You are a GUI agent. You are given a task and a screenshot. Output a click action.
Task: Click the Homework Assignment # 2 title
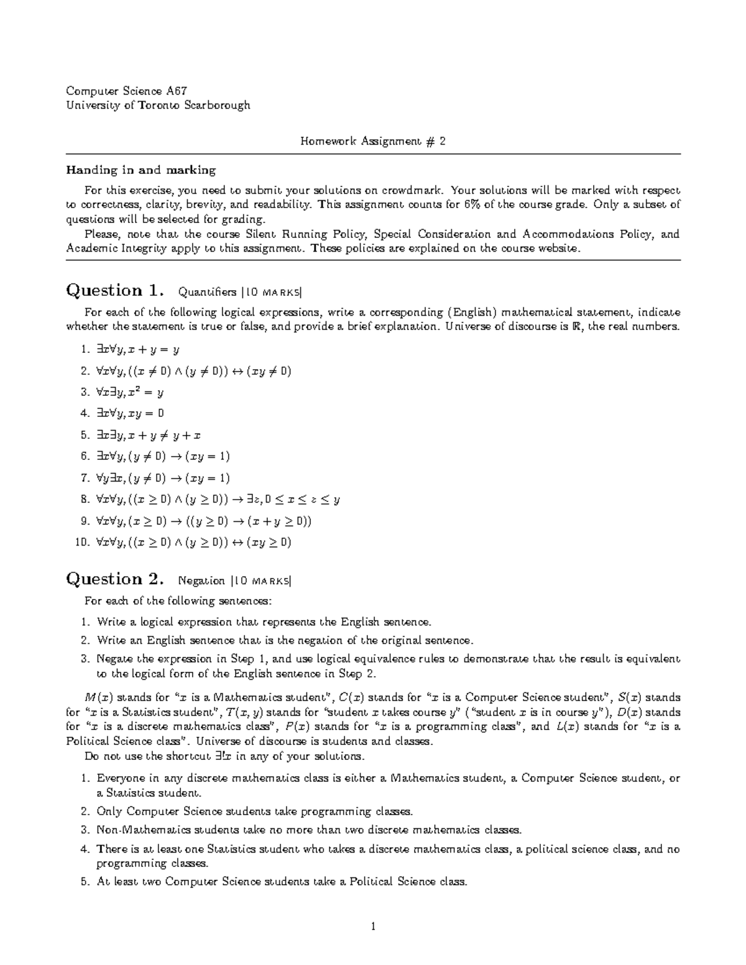coord(373,141)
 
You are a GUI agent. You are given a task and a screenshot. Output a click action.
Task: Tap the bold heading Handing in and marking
coord(141,170)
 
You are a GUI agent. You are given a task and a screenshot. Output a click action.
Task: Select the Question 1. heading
coord(116,291)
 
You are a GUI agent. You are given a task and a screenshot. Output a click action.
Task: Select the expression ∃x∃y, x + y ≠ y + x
coord(149,436)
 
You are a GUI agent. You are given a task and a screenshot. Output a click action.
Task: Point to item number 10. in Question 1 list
coord(82,542)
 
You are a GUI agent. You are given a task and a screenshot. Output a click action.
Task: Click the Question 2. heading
coord(116,579)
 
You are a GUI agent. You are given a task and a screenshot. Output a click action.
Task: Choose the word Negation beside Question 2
coord(201,581)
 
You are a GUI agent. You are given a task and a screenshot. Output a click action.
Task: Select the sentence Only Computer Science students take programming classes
coord(254,812)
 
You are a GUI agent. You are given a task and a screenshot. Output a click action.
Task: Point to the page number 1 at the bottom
coord(373,927)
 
